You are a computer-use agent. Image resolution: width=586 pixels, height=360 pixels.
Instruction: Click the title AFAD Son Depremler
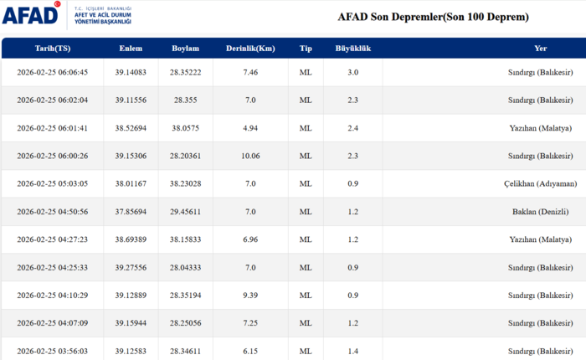click(433, 17)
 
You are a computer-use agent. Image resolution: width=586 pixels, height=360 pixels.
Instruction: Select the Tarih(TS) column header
click(52, 48)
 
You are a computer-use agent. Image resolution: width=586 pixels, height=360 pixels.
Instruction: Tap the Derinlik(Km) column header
click(250, 48)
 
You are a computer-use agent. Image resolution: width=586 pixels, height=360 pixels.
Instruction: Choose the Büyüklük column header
click(352, 48)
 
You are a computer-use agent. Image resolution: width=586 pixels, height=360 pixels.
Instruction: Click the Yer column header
click(541, 48)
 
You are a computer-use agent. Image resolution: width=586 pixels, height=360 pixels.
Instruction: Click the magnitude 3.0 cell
click(352, 73)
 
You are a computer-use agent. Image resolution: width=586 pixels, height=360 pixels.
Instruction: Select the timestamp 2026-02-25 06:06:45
click(52, 73)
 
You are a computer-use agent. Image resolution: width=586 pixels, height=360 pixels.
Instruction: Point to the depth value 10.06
click(250, 156)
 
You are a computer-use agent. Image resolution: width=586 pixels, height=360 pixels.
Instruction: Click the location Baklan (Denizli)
click(546, 212)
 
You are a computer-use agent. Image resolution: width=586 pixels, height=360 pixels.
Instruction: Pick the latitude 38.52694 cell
click(131, 128)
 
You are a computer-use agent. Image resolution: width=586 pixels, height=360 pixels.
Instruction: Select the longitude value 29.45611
click(186, 212)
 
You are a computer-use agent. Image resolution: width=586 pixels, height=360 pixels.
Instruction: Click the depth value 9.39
click(250, 296)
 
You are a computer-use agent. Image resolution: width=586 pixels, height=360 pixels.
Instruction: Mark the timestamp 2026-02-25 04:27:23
click(52, 239)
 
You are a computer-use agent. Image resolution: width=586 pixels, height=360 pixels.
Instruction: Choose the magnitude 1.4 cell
click(352, 351)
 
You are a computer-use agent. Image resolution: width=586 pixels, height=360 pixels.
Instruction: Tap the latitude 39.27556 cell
click(131, 267)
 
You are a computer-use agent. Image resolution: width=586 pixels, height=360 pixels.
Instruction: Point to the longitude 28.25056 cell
click(186, 323)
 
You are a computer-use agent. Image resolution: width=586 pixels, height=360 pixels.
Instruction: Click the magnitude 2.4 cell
click(352, 128)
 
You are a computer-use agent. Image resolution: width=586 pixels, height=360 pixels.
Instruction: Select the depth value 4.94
click(250, 128)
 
